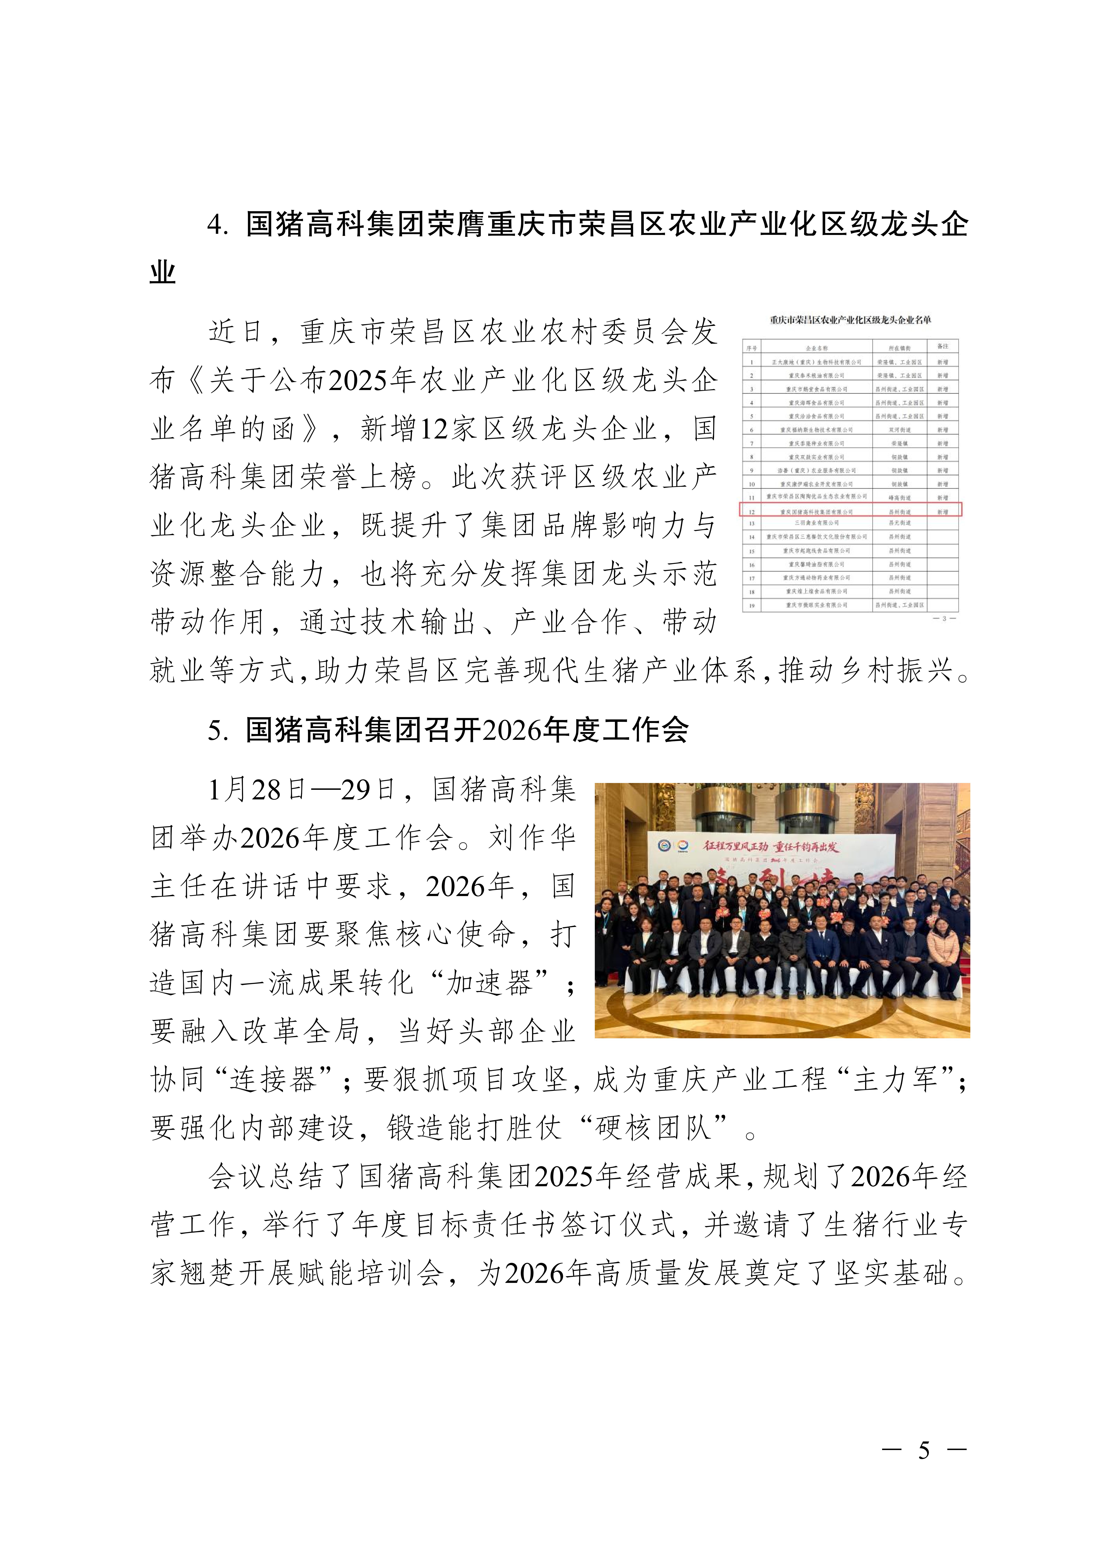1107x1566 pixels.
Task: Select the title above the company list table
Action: pos(850,320)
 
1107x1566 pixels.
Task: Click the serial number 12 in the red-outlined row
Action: pos(752,511)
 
